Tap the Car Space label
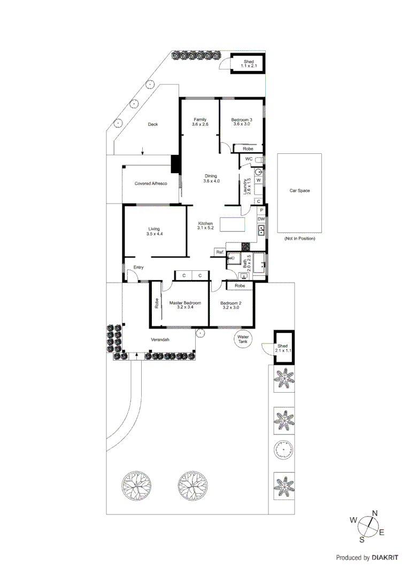(299, 190)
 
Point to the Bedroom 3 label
(242, 121)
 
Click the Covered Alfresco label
(151, 183)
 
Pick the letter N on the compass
(375, 513)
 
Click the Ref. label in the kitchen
(219, 252)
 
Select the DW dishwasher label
(261, 219)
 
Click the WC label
(249, 159)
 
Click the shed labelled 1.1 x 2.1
(248, 64)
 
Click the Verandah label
(160, 340)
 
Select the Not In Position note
(299, 238)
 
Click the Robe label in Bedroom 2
(240, 286)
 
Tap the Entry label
(138, 267)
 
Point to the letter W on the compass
(353, 519)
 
